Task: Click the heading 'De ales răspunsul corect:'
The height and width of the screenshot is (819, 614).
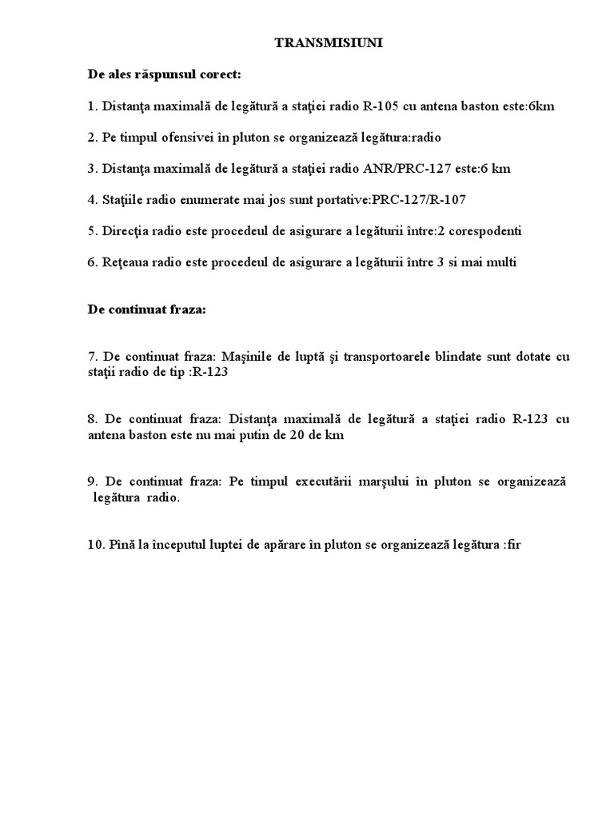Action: [164, 75]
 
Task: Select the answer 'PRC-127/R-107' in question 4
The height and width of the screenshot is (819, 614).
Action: [395, 200]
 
